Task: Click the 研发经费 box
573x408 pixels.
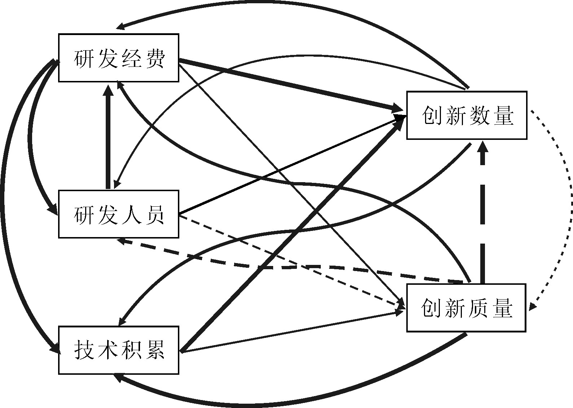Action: (x=119, y=58)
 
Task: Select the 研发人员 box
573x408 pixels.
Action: (x=119, y=214)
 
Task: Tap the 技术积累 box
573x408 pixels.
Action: (x=119, y=350)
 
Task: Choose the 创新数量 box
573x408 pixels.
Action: (x=467, y=115)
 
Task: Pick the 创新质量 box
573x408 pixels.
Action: (x=466, y=308)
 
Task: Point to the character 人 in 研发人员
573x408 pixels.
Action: (x=131, y=215)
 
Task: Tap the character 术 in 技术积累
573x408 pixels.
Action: (x=107, y=350)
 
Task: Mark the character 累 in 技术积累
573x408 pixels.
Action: (x=155, y=350)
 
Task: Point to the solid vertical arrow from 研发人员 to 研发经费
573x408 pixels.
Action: (x=108, y=141)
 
